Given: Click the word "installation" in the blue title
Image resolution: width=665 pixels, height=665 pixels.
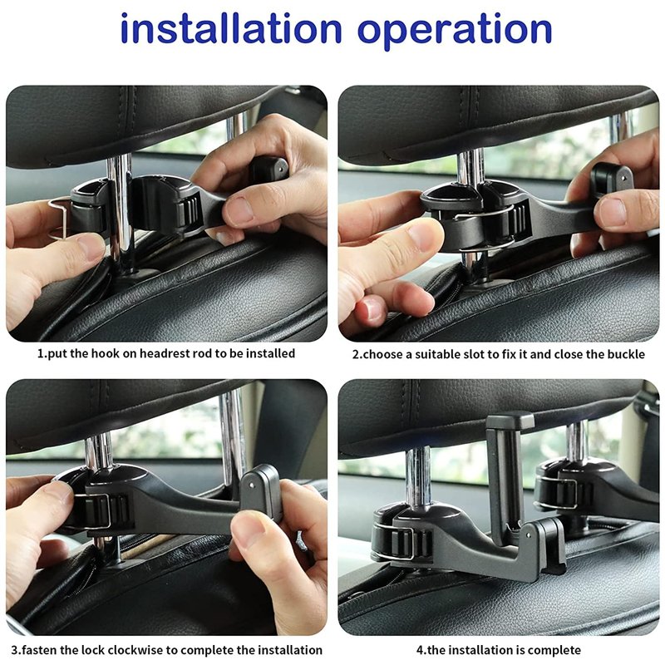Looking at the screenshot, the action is pyautogui.click(x=231, y=28).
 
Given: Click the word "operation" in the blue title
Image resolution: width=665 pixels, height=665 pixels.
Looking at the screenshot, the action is pyautogui.click(x=455, y=32).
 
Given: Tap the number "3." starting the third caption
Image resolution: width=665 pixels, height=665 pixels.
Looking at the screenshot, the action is pyautogui.click(x=16, y=650).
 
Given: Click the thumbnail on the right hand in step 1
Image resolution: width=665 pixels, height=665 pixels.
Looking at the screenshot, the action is pyautogui.click(x=238, y=211).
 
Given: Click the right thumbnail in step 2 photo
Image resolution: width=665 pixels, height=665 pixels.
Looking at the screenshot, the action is pyautogui.click(x=612, y=211).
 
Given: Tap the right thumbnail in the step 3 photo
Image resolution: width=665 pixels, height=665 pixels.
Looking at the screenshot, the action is pyautogui.click(x=248, y=528).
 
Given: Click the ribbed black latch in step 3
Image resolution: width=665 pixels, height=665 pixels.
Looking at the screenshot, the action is pyautogui.click(x=106, y=510).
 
